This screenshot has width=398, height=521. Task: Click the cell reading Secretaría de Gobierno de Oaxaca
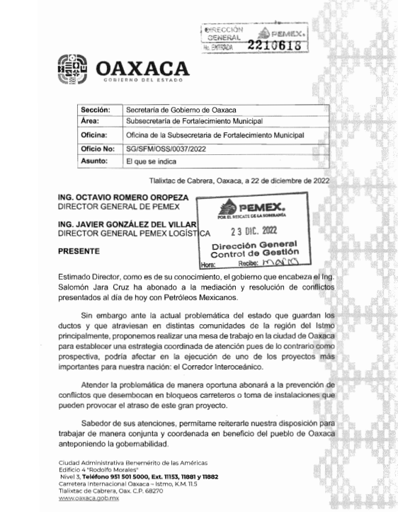[181, 110]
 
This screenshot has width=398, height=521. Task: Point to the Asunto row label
[95, 161]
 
